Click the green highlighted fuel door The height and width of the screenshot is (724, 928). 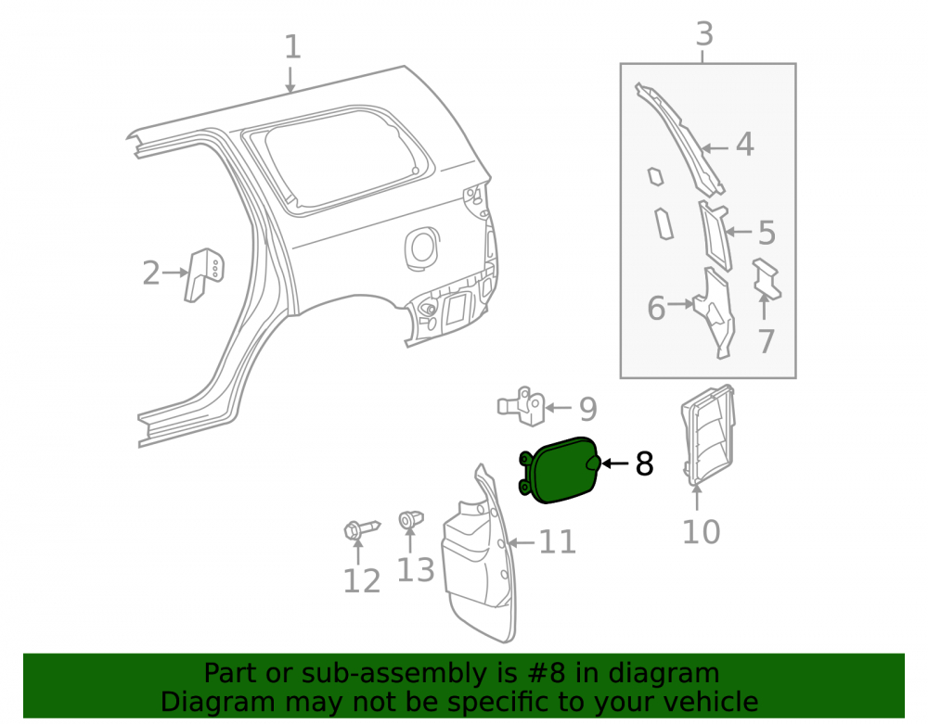coord(561,470)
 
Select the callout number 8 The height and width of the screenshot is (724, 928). coord(645,464)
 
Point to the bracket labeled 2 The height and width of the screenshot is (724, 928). coord(203,274)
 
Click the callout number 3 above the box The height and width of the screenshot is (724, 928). coord(704,34)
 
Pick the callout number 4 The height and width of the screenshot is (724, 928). coord(745,145)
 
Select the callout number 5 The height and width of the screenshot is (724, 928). coord(767,233)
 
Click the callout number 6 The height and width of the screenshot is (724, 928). coord(656,309)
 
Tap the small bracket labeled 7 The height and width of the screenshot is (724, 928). coord(767,279)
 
